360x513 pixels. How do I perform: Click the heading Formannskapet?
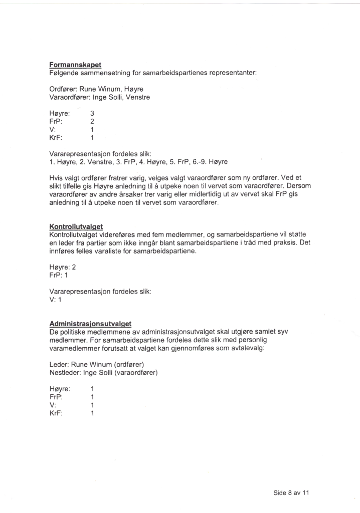coord(75,65)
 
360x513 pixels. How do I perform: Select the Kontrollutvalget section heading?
coord(76,226)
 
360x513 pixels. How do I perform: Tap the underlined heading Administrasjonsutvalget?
coord(94,324)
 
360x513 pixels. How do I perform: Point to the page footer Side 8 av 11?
coord(291,492)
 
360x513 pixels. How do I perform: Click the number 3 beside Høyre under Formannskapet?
coord(92,113)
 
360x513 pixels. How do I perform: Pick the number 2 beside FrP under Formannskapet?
coord(92,121)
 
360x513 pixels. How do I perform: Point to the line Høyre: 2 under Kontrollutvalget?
coord(63,267)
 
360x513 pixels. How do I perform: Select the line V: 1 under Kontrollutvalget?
coord(55,299)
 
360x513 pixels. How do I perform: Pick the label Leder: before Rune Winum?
coord(59,364)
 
